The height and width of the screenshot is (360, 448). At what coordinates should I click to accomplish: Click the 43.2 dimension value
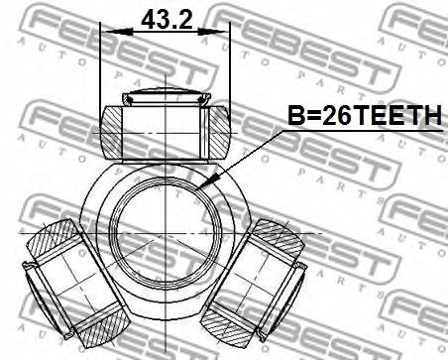(168, 18)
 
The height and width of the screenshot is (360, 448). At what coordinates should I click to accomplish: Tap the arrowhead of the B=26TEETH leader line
(202, 187)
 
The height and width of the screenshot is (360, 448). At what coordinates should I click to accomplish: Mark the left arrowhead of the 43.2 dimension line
(107, 32)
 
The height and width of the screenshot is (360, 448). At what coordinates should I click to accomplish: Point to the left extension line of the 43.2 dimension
(102, 69)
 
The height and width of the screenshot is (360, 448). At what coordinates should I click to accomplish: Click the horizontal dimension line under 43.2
(168, 32)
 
